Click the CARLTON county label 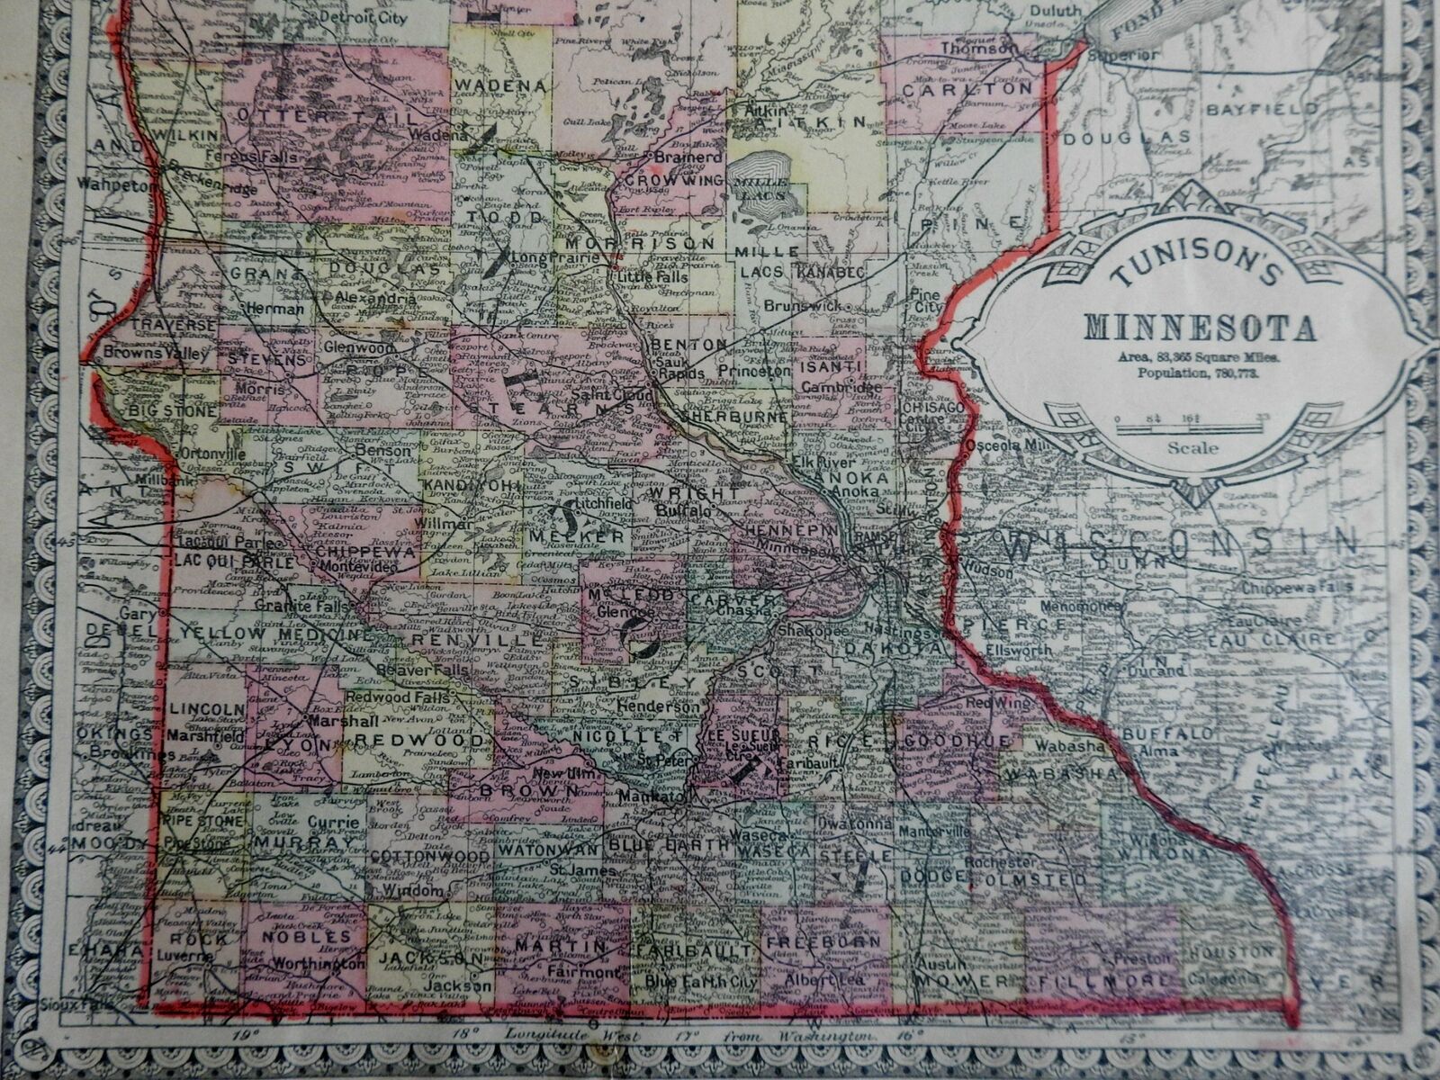point(967,90)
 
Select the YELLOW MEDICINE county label point(274,634)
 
